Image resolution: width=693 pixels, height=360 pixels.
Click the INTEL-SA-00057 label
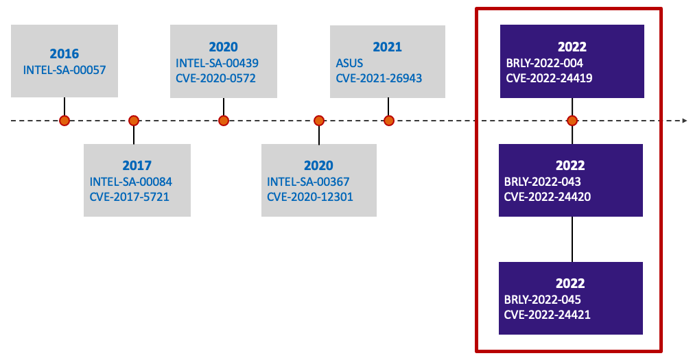click(x=64, y=69)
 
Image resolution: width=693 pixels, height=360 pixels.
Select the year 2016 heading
click(x=64, y=53)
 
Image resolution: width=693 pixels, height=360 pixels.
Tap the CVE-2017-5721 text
click(x=129, y=197)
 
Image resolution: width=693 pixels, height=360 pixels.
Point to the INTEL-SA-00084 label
click(x=130, y=182)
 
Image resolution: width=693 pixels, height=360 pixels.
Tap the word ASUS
click(x=349, y=63)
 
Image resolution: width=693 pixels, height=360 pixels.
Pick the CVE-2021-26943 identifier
click(x=379, y=78)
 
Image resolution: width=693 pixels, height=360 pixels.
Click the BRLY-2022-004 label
click(x=544, y=63)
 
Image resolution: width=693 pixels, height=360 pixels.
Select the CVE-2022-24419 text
click(x=549, y=78)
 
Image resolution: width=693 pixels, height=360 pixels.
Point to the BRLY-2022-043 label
click(x=543, y=182)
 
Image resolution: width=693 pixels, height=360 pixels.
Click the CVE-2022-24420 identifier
click(x=548, y=197)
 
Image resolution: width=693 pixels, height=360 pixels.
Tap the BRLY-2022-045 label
click(x=543, y=300)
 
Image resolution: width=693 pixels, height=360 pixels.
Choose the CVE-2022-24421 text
click(x=548, y=315)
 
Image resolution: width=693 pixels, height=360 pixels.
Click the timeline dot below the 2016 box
click(x=64, y=121)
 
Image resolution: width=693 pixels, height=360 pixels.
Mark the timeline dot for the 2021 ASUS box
click(x=389, y=121)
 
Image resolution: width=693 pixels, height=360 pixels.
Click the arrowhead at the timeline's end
click(x=684, y=121)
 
